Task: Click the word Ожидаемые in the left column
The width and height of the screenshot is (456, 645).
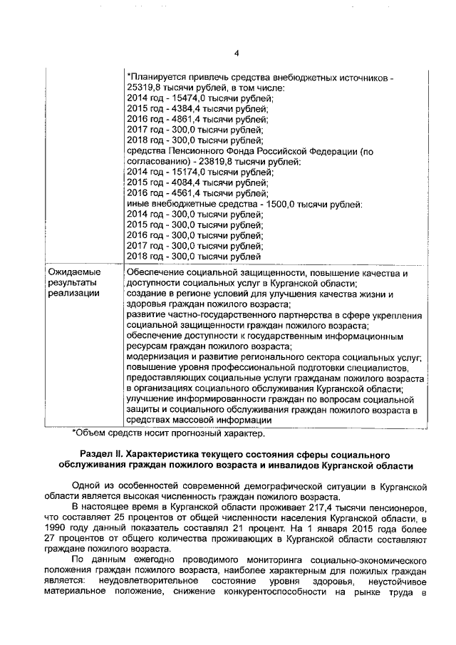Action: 74,272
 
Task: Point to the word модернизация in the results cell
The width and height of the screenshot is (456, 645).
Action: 160,357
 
